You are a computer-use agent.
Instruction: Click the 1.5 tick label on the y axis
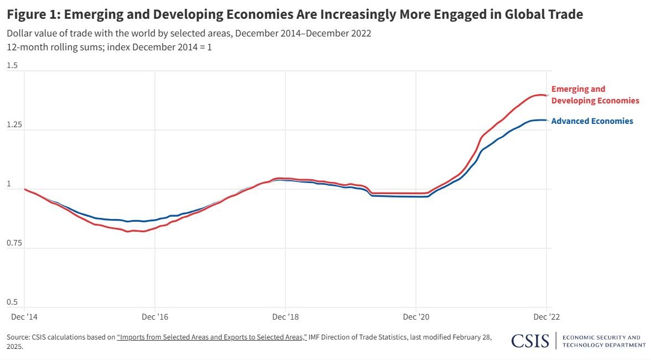(x=12, y=66)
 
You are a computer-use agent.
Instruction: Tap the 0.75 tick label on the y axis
(x=14, y=243)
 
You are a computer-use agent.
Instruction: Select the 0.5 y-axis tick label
(x=12, y=302)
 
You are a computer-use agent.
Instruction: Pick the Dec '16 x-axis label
(x=155, y=317)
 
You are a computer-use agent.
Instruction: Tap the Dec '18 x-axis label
(x=285, y=317)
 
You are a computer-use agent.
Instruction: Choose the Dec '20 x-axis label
(x=416, y=317)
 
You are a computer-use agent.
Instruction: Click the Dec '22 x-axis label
(x=546, y=317)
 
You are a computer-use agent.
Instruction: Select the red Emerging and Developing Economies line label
(x=595, y=95)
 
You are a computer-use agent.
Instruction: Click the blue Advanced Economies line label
(x=592, y=121)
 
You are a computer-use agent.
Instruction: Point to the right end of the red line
(x=547, y=96)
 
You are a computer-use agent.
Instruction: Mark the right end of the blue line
(x=547, y=120)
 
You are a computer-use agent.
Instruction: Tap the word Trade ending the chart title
(x=563, y=14)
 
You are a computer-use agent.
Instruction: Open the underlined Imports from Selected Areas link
(x=212, y=337)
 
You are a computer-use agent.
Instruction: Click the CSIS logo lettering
(x=530, y=341)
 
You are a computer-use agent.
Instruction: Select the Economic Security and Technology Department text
(x=604, y=341)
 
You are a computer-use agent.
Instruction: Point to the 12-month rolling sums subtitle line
(x=109, y=47)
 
